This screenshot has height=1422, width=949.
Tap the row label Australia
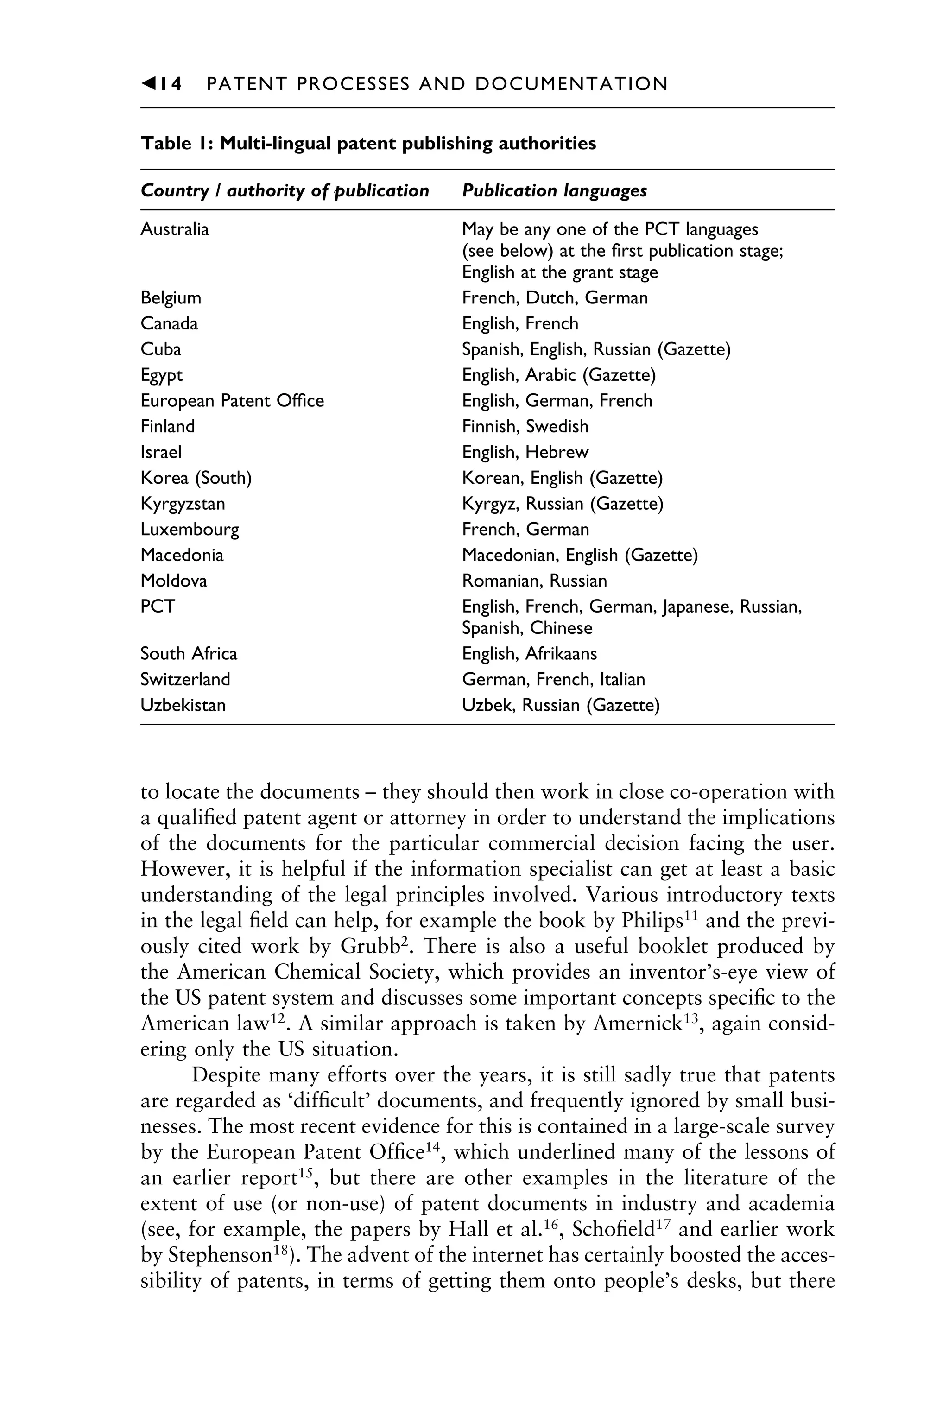point(174,229)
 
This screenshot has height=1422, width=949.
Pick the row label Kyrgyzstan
point(182,504)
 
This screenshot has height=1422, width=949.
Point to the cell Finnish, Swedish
point(525,427)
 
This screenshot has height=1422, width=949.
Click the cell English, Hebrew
point(525,453)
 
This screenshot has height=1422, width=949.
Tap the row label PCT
point(158,607)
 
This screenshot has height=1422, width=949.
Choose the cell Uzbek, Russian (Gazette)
point(560,706)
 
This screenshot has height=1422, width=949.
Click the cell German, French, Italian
point(553,680)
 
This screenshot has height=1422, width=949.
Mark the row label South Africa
point(189,654)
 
